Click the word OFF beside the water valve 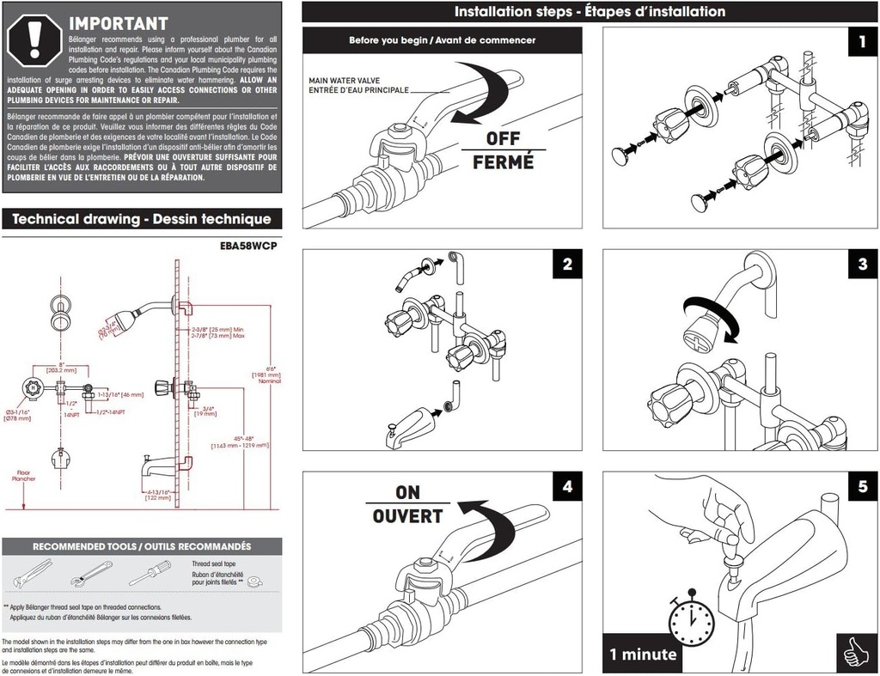[x=503, y=138]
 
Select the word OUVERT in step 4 [x=407, y=516]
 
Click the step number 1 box [x=858, y=42]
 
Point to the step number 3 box [x=862, y=265]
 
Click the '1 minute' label [x=644, y=655]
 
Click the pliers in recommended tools [x=30, y=572]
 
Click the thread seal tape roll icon [x=255, y=582]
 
